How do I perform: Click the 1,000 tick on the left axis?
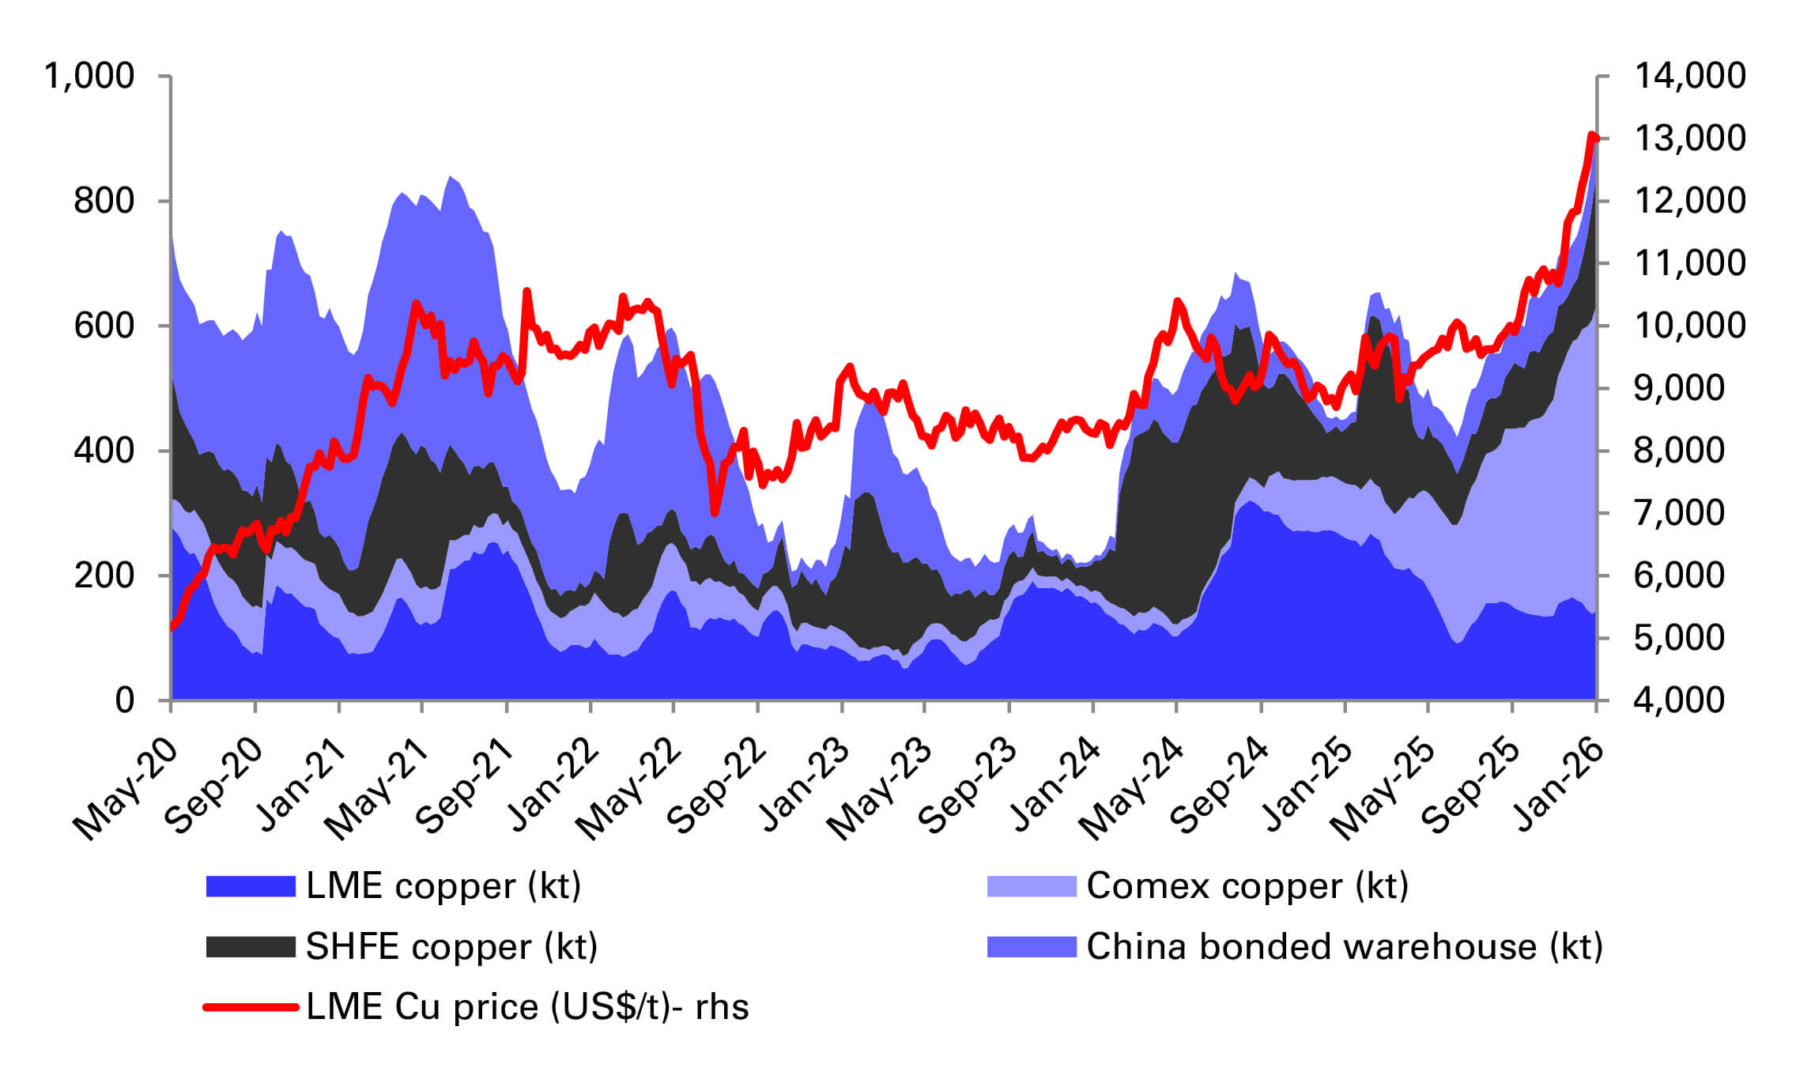click(x=89, y=77)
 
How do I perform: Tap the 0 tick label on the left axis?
click(x=124, y=700)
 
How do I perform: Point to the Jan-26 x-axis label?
click(x=1557, y=785)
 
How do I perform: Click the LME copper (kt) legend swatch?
click(x=250, y=886)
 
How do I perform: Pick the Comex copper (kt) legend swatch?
click(x=1031, y=886)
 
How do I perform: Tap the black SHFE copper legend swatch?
click(x=250, y=947)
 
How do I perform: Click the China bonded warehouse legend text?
click(x=1344, y=947)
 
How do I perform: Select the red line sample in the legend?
click(x=250, y=1007)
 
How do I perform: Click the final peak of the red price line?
click(x=1592, y=136)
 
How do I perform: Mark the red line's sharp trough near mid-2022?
click(x=715, y=513)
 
